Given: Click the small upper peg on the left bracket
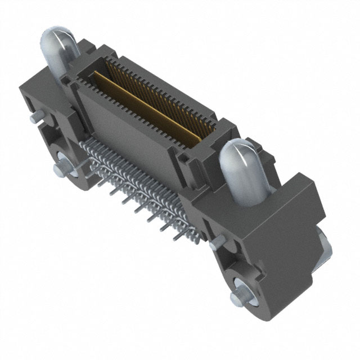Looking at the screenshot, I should (35, 116).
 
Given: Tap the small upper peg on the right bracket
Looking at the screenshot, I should (215, 245).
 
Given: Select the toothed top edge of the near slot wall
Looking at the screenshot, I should (141, 112).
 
